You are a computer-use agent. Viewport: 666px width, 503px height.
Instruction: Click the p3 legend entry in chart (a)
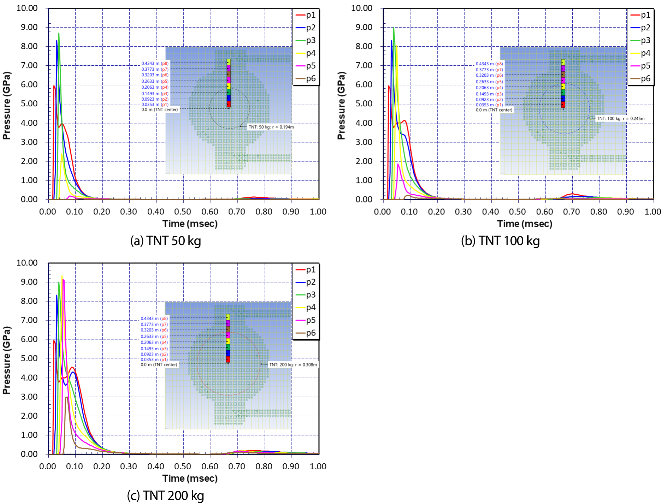305,40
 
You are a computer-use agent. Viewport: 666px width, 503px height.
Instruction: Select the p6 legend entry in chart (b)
640,79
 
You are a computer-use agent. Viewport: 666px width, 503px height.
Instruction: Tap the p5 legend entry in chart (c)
305,320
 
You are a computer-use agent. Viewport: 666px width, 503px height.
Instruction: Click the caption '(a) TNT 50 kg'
166,241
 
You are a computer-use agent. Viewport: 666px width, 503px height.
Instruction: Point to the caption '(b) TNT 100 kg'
500,241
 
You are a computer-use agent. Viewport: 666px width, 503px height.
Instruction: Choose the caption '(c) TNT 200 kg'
166,496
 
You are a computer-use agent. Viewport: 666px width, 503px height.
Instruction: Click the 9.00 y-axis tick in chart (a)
29,27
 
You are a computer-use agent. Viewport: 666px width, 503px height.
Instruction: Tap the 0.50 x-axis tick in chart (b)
518,212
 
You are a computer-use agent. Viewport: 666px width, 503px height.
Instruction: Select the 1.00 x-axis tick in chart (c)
318,466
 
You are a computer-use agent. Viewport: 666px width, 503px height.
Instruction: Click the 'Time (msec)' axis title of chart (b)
525,223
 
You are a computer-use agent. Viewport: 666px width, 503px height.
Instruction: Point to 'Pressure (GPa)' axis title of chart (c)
6,360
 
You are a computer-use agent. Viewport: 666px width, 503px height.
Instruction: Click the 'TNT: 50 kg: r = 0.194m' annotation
271,127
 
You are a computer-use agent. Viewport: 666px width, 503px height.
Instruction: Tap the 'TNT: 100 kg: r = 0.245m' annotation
621,118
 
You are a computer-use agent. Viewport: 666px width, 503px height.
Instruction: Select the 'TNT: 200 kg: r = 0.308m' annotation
293,365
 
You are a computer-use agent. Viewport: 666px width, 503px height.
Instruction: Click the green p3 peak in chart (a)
59,33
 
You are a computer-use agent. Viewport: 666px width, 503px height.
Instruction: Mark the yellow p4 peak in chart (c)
62,276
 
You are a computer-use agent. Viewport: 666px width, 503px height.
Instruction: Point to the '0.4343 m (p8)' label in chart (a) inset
155,63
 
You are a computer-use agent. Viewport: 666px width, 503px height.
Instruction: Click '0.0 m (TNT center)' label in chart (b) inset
494,110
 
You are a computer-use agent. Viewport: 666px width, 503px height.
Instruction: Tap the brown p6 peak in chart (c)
67,397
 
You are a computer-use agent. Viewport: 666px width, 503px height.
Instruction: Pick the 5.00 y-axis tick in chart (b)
364,104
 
